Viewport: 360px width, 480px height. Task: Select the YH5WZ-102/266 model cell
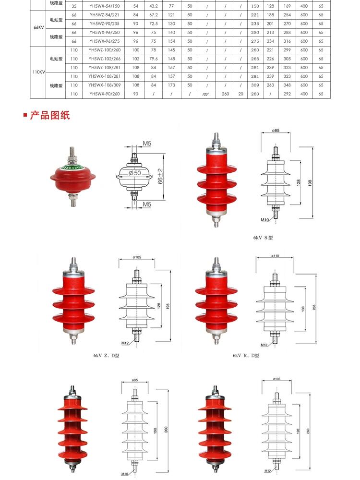(104, 59)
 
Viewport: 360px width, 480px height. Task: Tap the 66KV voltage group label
(39, 28)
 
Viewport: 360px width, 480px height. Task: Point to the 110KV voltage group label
(39, 72)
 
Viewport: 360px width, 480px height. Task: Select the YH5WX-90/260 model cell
(104, 94)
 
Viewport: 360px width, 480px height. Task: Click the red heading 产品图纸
(49, 116)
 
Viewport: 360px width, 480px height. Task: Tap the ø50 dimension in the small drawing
(135, 172)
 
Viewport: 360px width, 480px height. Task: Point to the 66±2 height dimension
(161, 176)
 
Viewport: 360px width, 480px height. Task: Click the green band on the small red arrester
(71, 168)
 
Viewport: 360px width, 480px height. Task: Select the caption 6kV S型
(263, 238)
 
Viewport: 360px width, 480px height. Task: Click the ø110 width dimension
(275, 256)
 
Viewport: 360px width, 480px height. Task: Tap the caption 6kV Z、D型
(106, 356)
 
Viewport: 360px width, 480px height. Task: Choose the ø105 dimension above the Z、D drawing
(137, 258)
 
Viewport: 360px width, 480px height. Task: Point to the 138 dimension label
(303, 308)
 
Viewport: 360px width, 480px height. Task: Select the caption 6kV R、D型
(246, 356)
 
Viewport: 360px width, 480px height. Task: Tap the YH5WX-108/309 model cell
(104, 85)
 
